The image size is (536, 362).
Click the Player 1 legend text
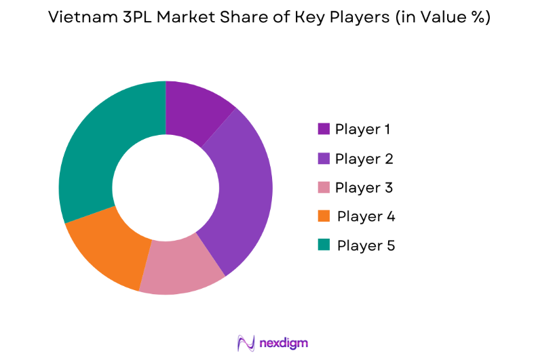tap(362, 129)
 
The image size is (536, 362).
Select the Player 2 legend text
tap(364, 159)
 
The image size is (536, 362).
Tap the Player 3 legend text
tap(364, 187)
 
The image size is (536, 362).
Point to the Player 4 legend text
tap(365, 216)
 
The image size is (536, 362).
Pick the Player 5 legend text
tap(365, 245)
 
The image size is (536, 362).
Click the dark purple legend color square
tap(324, 129)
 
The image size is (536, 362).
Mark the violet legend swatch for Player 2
tap(324, 159)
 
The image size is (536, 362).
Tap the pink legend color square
tap(324, 187)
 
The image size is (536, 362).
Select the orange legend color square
tap(324, 216)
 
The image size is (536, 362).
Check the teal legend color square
tap(324, 245)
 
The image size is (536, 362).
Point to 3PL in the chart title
tap(126, 18)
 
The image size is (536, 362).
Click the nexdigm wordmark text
tap(284, 343)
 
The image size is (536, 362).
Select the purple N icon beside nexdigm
tap(246, 343)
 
